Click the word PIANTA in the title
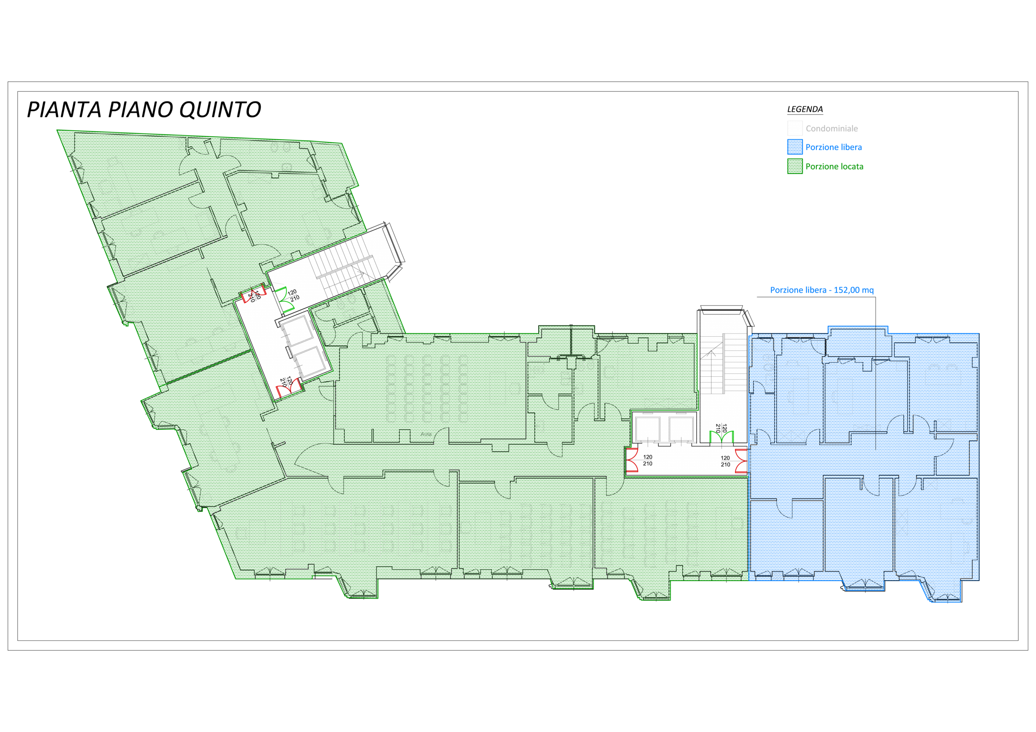tap(64, 110)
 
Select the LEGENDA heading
tap(805, 109)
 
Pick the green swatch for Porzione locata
tap(795, 166)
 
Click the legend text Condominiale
tap(832, 129)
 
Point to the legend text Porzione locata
tap(834, 167)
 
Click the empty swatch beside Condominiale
tap(795, 128)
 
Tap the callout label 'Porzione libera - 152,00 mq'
tap(822, 290)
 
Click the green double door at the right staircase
tap(721, 437)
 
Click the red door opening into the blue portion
tap(741, 461)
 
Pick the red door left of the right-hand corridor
tap(632, 460)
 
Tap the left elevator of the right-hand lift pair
tap(647, 429)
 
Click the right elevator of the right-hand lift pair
tap(681, 429)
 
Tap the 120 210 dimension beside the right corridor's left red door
tap(647, 460)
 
